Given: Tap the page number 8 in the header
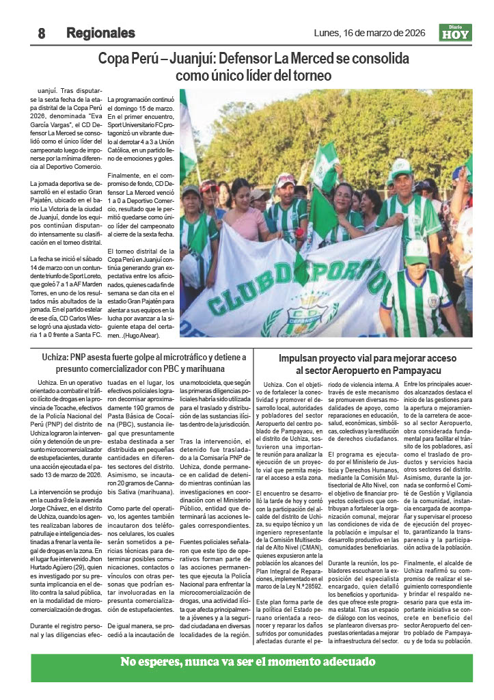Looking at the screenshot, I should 41,33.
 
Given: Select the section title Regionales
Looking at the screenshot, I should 100,33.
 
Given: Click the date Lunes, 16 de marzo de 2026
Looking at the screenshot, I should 370,33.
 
